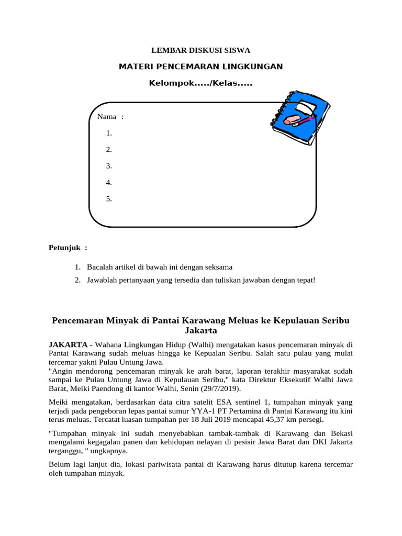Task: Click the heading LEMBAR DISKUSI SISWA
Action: pyautogui.click(x=201, y=51)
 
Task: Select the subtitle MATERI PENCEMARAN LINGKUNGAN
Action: pyautogui.click(x=201, y=66)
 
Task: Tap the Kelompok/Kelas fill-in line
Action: pyautogui.click(x=201, y=83)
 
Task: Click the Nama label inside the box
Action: pyautogui.click(x=107, y=116)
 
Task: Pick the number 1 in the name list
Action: pyautogui.click(x=109, y=133)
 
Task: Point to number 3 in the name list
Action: pyautogui.click(x=109, y=166)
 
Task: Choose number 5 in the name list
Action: pyautogui.click(x=109, y=199)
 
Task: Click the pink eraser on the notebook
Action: pyautogui.click(x=292, y=121)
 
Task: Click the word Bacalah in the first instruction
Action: pyautogui.click(x=99, y=267)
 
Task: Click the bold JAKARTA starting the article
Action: pyautogui.click(x=68, y=344)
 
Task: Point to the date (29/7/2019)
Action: pyautogui.click(x=223, y=389)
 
